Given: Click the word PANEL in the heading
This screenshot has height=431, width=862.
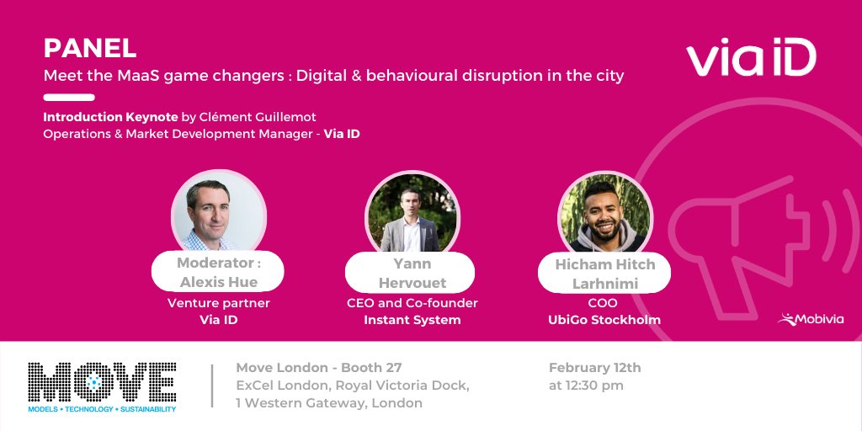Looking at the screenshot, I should click(x=89, y=48).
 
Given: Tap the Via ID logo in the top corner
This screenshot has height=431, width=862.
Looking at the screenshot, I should click(x=751, y=60).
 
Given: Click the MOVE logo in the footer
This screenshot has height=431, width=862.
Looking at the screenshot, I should click(x=102, y=386).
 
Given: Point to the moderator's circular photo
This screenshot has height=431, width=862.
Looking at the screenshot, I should click(x=218, y=211).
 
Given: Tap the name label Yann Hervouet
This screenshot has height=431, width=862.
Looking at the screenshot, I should click(x=411, y=273).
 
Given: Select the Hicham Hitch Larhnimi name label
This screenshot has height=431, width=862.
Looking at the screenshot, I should click(x=604, y=274).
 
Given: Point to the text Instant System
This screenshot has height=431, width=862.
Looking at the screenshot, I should click(x=412, y=320).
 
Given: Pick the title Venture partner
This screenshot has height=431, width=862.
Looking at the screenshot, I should click(x=219, y=303).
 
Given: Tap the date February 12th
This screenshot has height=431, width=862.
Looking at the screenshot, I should click(x=594, y=368).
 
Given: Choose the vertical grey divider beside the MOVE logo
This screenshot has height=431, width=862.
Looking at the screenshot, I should click(x=212, y=386).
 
